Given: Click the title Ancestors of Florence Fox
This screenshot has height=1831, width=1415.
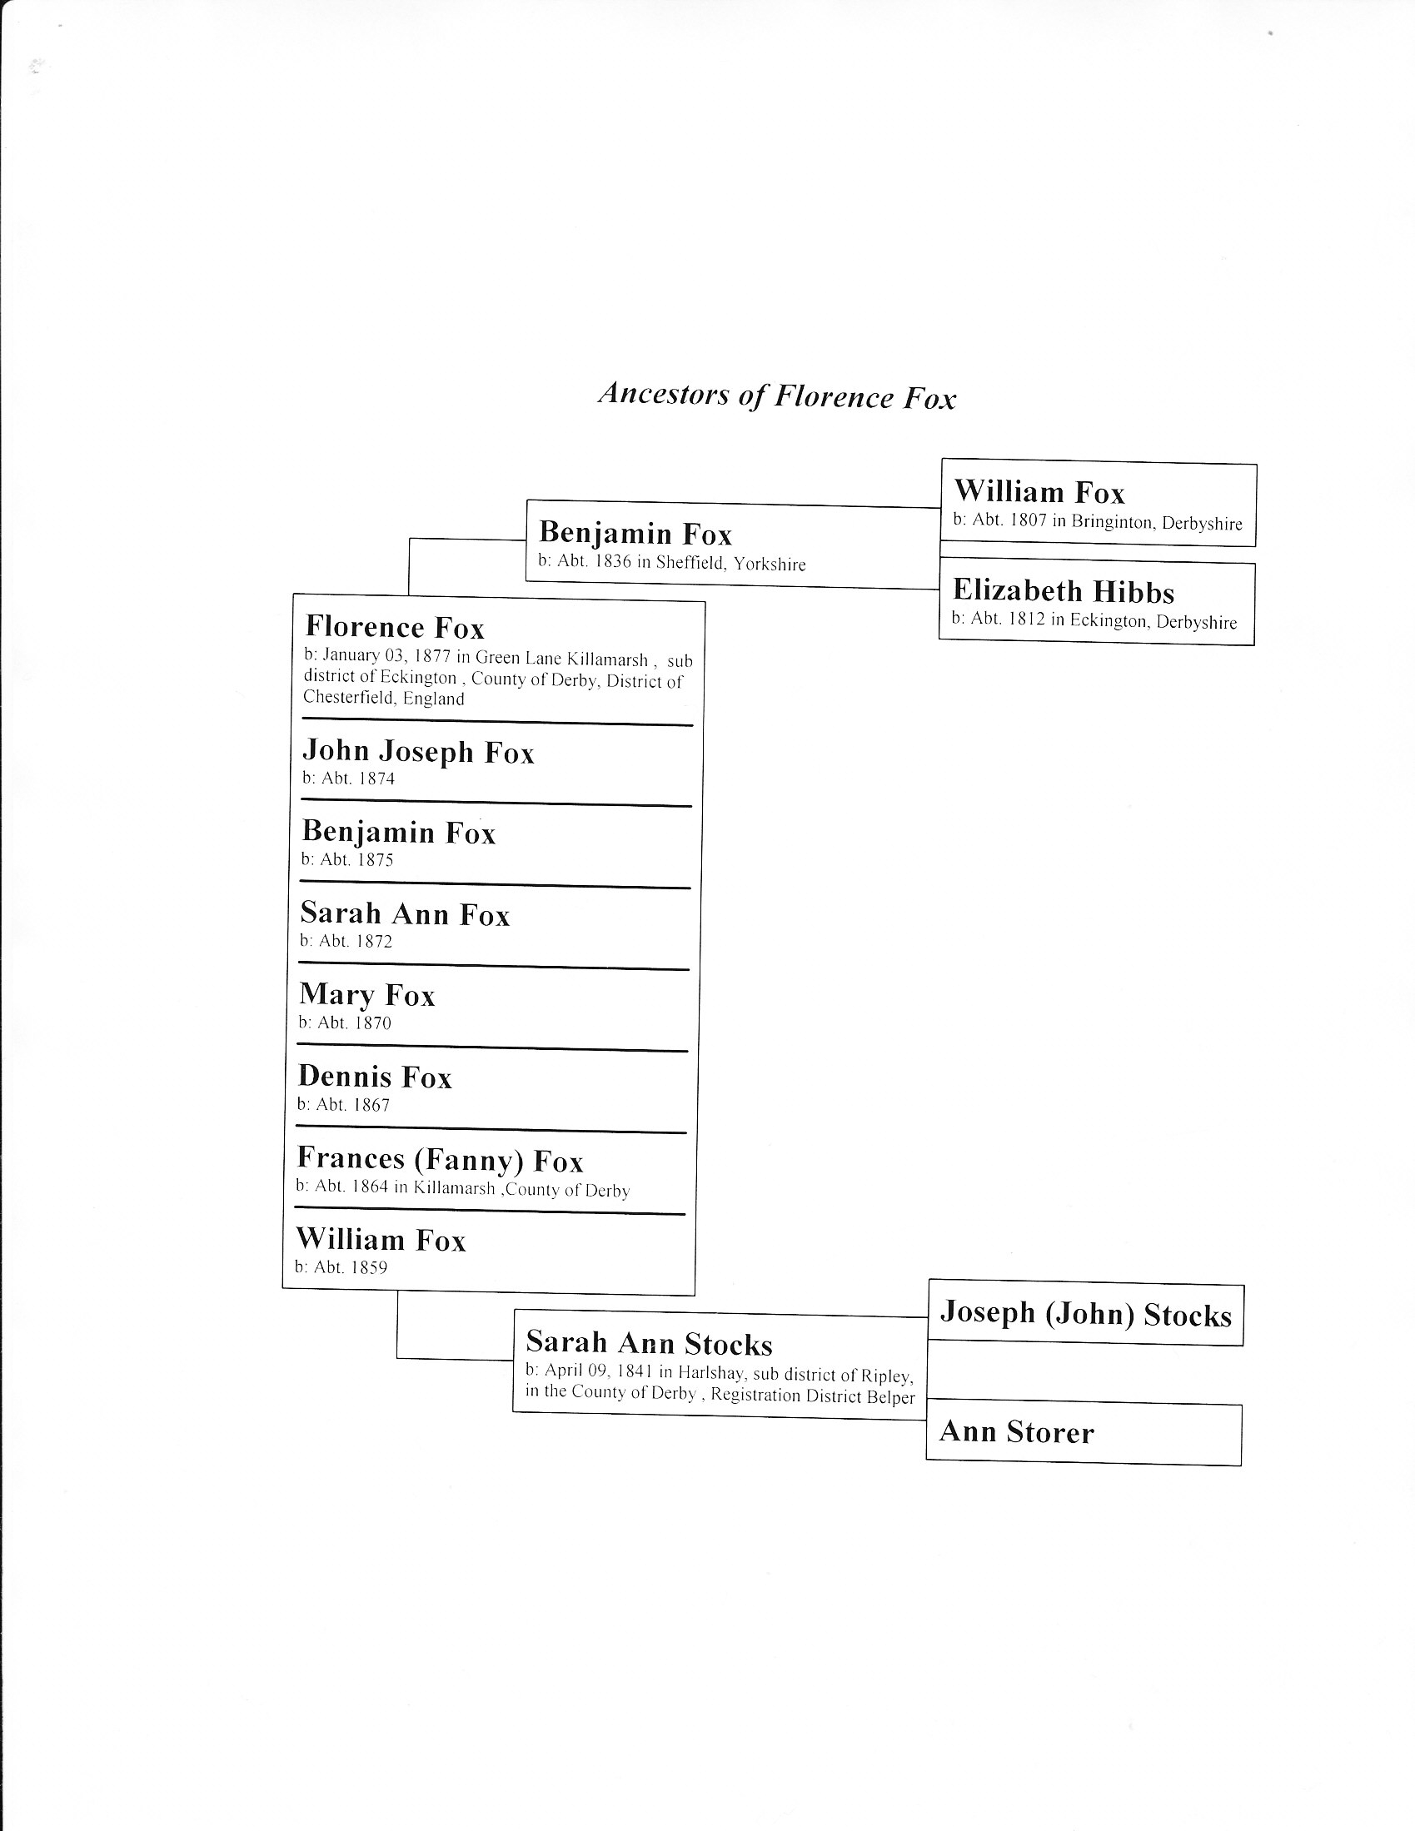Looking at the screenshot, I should [x=777, y=396].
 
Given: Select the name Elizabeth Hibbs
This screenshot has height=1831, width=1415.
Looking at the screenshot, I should [x=1063, y=591].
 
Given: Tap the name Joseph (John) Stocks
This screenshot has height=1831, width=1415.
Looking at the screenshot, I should [x=1085, y=1313].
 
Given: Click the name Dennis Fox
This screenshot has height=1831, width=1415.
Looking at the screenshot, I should [x=375, y=1077].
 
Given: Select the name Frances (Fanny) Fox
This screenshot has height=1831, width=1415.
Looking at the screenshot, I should [x=440, y=1159].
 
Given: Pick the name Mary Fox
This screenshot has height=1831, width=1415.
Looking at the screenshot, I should [x=367, y=995].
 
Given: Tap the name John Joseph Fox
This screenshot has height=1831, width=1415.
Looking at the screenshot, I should [x=418, y=751].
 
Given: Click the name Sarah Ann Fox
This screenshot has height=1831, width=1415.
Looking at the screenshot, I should [x=405, y=913].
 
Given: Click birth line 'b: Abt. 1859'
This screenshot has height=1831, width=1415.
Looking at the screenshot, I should [x=341, y=1266].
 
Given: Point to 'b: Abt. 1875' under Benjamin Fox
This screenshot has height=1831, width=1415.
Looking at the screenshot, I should [x=347, y=859].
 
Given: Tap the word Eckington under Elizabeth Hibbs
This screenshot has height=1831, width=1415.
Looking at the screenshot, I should [x=1109, y=621].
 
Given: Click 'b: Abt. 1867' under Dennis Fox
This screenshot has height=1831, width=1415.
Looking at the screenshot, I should [x=343, y=1104].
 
